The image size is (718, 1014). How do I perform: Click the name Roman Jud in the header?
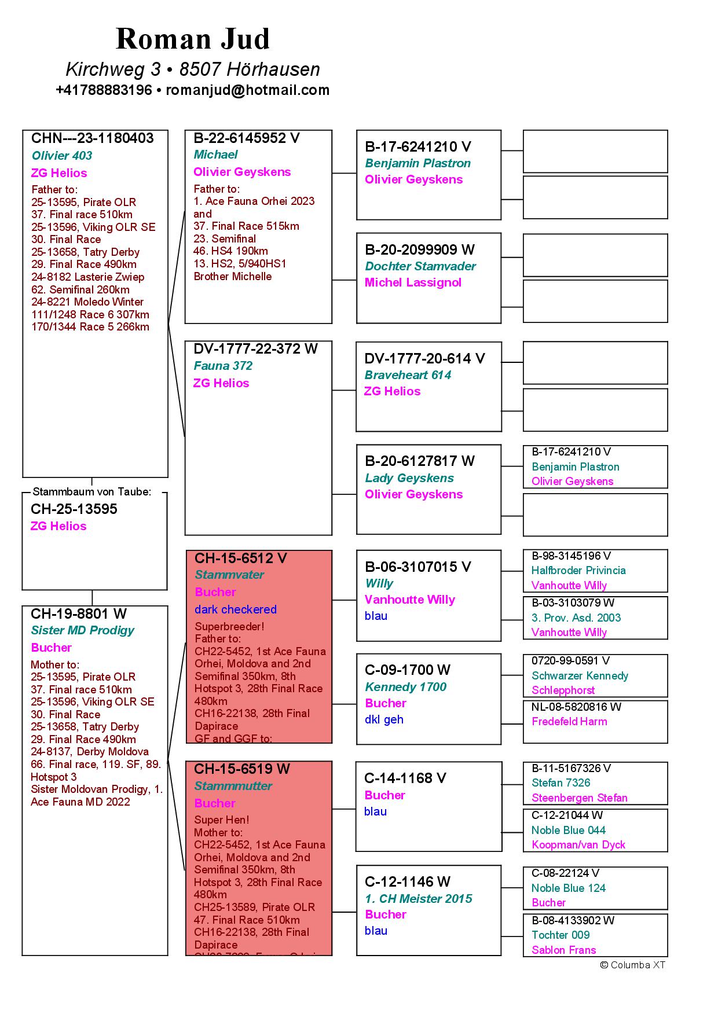(193, 39)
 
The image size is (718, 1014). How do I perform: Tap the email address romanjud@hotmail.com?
(248, 90)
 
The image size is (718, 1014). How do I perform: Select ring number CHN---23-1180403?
(93, 138)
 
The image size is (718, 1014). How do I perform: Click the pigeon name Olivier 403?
(62, 156)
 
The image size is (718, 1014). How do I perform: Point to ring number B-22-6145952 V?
(247, 138)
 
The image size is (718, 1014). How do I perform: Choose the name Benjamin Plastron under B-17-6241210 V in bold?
(417, 163)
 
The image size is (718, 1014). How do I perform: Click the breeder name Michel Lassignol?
(413, 282)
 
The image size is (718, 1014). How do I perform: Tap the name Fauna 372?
(223, 366)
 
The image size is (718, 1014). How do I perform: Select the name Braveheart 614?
(408, 375)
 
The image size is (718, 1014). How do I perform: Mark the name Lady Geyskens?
(409, 478)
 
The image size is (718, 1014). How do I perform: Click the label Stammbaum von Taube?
(92, 492)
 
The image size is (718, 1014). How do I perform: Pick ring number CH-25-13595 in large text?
(74, 509)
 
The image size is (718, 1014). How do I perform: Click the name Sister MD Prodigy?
(82, 630)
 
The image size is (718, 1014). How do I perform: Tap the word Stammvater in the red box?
(229, 575)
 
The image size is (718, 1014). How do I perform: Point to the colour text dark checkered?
(236, 609)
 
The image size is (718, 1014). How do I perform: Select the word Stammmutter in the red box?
(233, 786)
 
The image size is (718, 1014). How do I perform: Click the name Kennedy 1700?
(405, 687)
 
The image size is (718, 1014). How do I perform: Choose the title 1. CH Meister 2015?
(418, 899)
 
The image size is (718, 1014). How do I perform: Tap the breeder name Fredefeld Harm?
(569, 722)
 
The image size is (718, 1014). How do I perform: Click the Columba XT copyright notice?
(632, 965)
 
